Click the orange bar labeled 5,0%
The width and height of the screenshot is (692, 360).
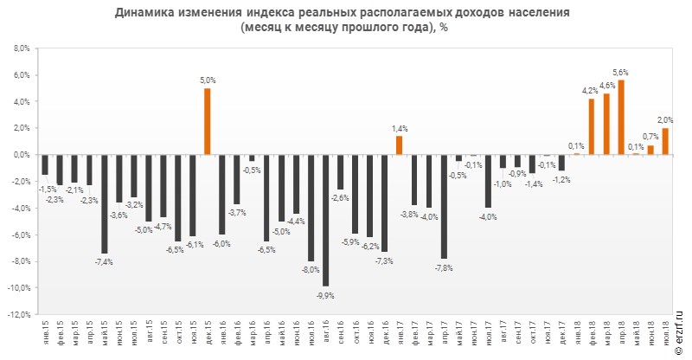(x=207, y=121)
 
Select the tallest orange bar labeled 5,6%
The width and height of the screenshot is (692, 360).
(x=621, y=117)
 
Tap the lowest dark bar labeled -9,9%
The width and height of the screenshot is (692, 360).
(x=325, y=220)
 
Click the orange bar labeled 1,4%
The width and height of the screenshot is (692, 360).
(x=399, y=145)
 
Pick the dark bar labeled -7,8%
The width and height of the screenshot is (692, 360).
(x=444, y=206)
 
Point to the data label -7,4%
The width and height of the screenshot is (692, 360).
(x=104, y=261)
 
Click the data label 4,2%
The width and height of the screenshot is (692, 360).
(x=590, y=90)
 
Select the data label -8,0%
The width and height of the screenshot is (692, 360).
(x=310, y=269)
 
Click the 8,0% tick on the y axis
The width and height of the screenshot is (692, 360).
(x=21, y=48)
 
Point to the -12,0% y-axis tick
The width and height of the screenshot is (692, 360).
(x=18, y=314)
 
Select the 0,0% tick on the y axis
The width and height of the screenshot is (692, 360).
(x=21, y=155)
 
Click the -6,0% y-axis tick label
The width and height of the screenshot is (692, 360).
(x=20, y=235)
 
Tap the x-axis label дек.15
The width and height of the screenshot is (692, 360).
(x=207, y=334)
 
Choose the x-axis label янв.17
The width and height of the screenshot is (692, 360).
(x=399, y=334)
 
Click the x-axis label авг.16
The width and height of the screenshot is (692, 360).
(x=325, y=334)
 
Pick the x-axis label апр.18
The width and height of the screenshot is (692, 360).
(x=621, y=334)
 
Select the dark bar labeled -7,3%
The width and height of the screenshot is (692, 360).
(x=384, y=202)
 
